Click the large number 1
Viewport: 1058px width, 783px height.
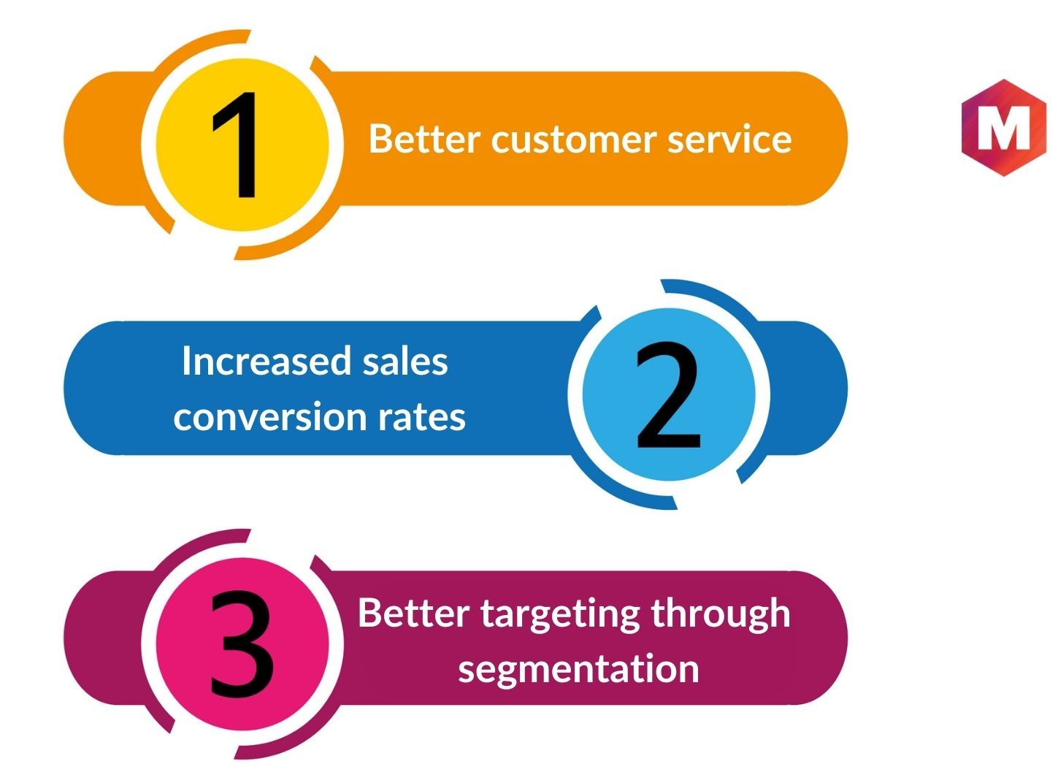tap(234, 145)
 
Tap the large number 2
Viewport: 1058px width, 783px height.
tap(668, 395)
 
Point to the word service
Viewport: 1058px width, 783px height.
tap(729, 139)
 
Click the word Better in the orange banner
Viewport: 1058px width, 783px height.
tap(424, 138)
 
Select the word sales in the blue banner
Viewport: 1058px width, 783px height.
tap(405, 361)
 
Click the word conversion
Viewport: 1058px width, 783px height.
tap(270, 416)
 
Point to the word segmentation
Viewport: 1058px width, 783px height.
tap(578, 670)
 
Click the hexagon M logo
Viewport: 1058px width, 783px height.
tap(1003, 127)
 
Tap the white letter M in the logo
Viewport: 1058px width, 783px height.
tap(1003, 127)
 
